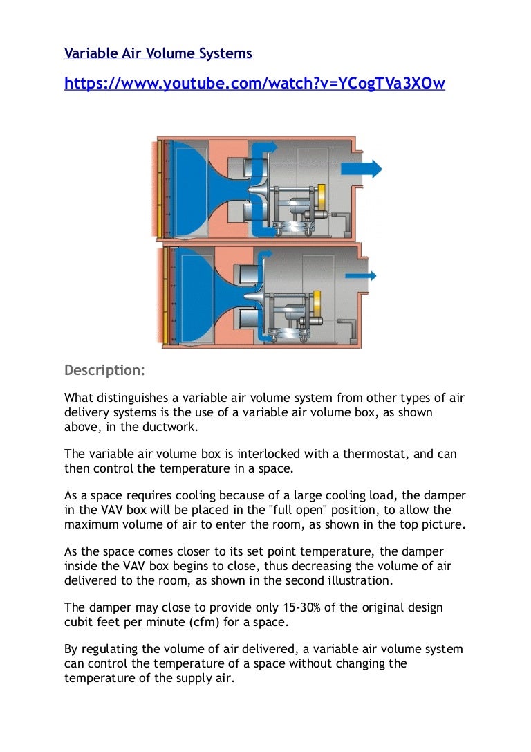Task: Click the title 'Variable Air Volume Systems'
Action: tap(158, 53)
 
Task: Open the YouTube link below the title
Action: tap(254, 84)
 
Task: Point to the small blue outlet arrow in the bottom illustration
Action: tap(360, 275)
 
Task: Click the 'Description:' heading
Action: tap(104, 370)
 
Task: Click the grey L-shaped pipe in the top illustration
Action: tap(305, 207)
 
